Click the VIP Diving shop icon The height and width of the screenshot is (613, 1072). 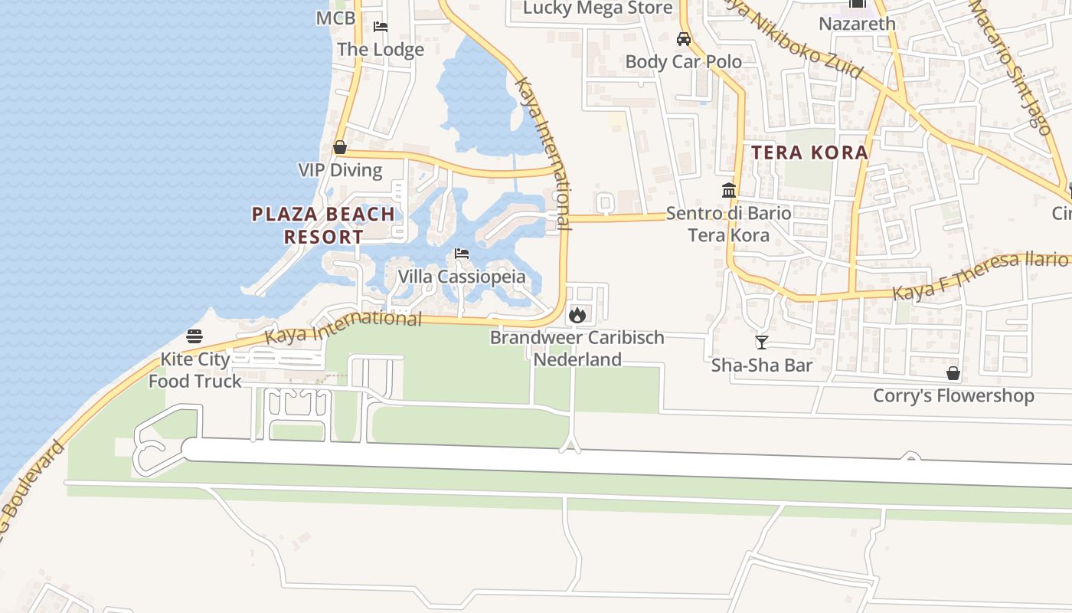click(x=340, y=147)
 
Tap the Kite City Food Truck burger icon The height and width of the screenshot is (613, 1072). click(x=194, y=336)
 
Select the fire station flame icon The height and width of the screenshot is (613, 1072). click(x=577, y=315)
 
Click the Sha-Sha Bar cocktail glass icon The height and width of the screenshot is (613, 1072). click(x=761, y=342)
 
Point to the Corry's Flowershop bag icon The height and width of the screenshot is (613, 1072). click(x=953, y=373)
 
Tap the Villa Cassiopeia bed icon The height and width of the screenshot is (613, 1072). click(x=461, y=254)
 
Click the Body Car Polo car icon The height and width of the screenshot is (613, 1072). click(x=684, y=39)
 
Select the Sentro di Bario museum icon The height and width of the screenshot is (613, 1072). click(x=729, y=190)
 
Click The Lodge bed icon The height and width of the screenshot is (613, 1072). click(x=381, y=27)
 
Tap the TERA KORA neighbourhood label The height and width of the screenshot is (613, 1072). click(x=809, y=152)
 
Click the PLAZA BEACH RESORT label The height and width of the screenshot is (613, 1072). click(x=323, y=225)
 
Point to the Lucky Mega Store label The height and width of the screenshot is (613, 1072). click(x=597, y=8)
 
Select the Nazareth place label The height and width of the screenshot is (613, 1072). click(x=857, y=24)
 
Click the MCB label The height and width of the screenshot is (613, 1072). click(x=335, y=18)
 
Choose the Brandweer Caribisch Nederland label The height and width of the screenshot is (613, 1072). click(x=577, y=348)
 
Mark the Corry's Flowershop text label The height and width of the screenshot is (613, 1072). click(x=953, y=395)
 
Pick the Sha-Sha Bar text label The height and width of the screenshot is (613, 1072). click(x=762, y=365)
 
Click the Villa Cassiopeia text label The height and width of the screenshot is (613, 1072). click(x=462, y=277)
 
